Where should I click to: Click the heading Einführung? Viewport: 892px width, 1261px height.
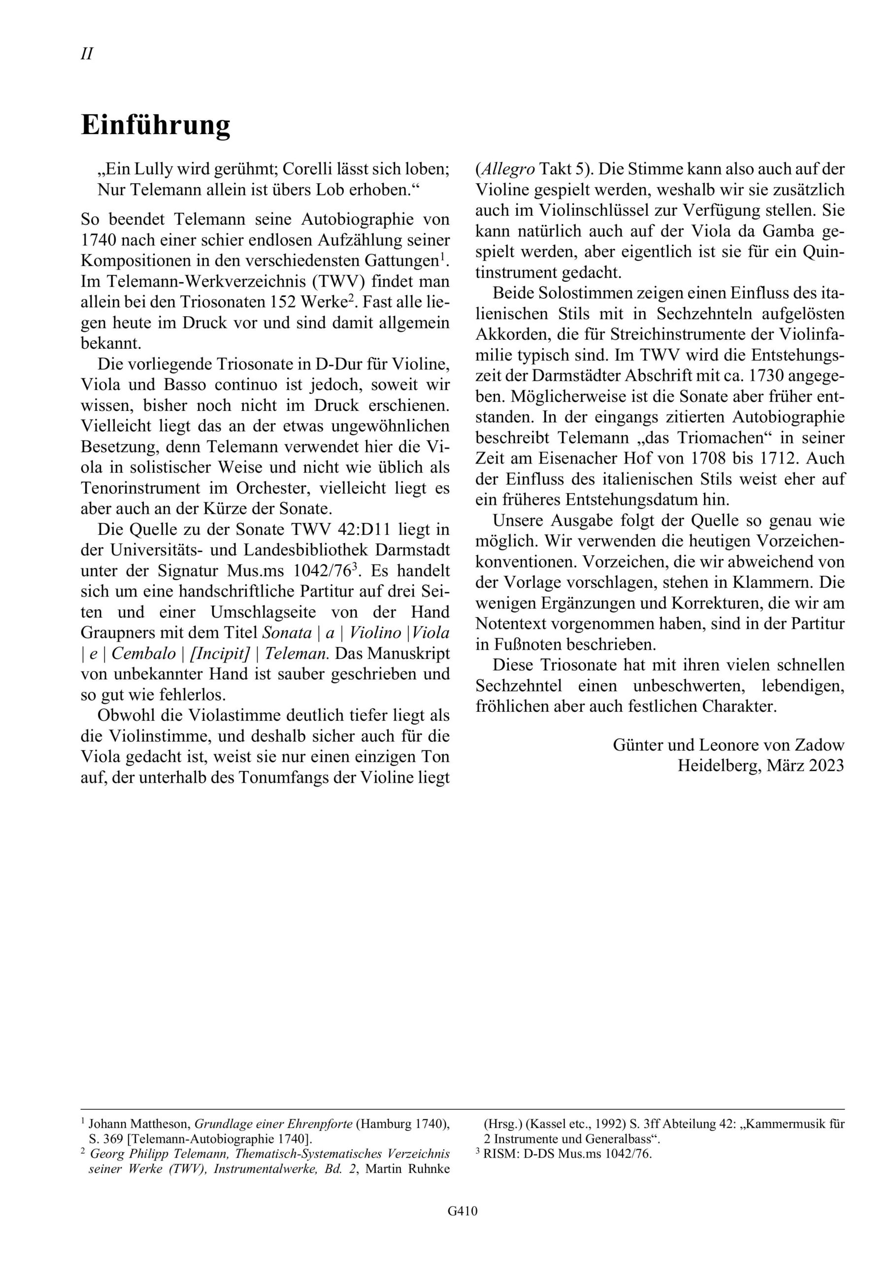(x=156, y=125)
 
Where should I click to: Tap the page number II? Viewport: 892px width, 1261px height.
(x=87, y=54)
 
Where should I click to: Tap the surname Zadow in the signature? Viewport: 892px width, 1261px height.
(x=819, y=745)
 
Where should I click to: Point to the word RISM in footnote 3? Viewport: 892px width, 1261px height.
(x=496, y=1153)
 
